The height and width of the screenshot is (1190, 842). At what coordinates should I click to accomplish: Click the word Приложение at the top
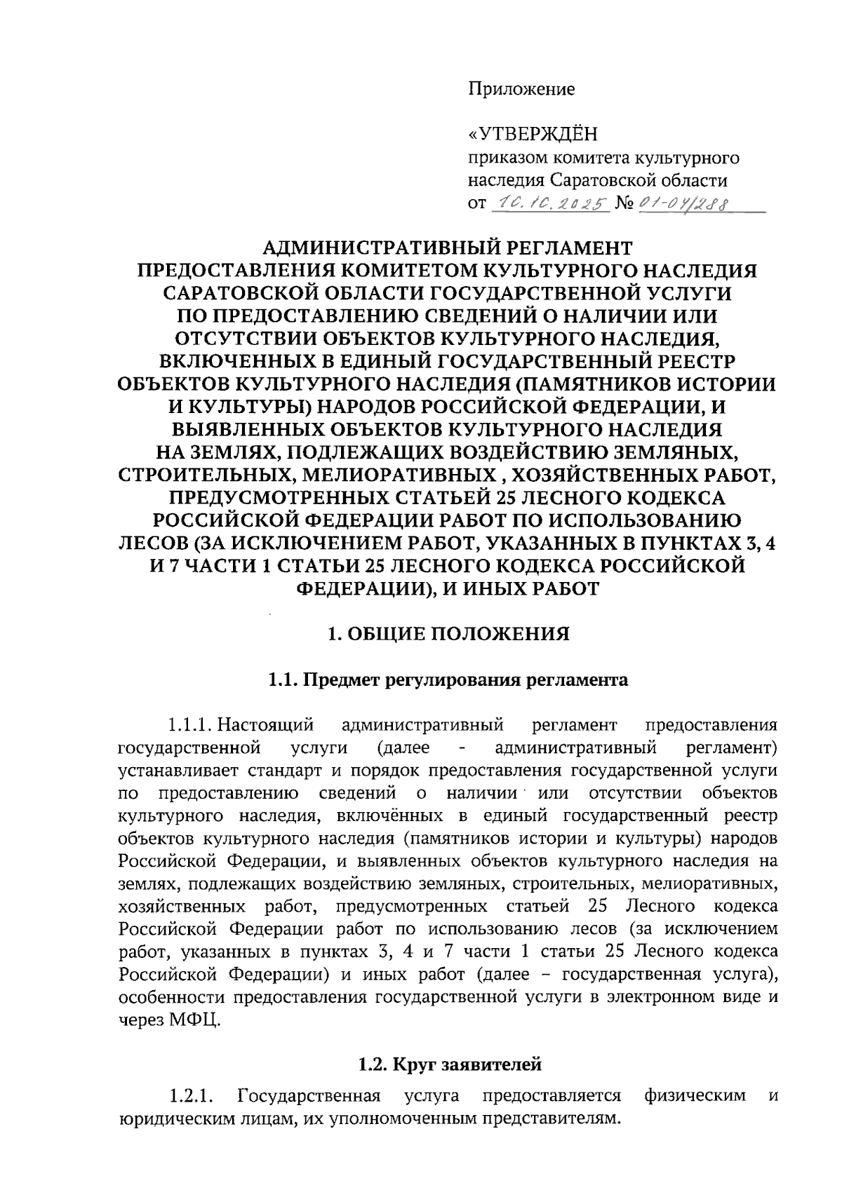click(521, 89)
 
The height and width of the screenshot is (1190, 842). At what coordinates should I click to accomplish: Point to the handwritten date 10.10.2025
click(549, 203)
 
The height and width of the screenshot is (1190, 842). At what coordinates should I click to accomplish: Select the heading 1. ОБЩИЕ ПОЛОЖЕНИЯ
click(449, 634)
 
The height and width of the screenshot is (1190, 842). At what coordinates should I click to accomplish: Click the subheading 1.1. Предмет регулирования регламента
click(448, 680)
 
